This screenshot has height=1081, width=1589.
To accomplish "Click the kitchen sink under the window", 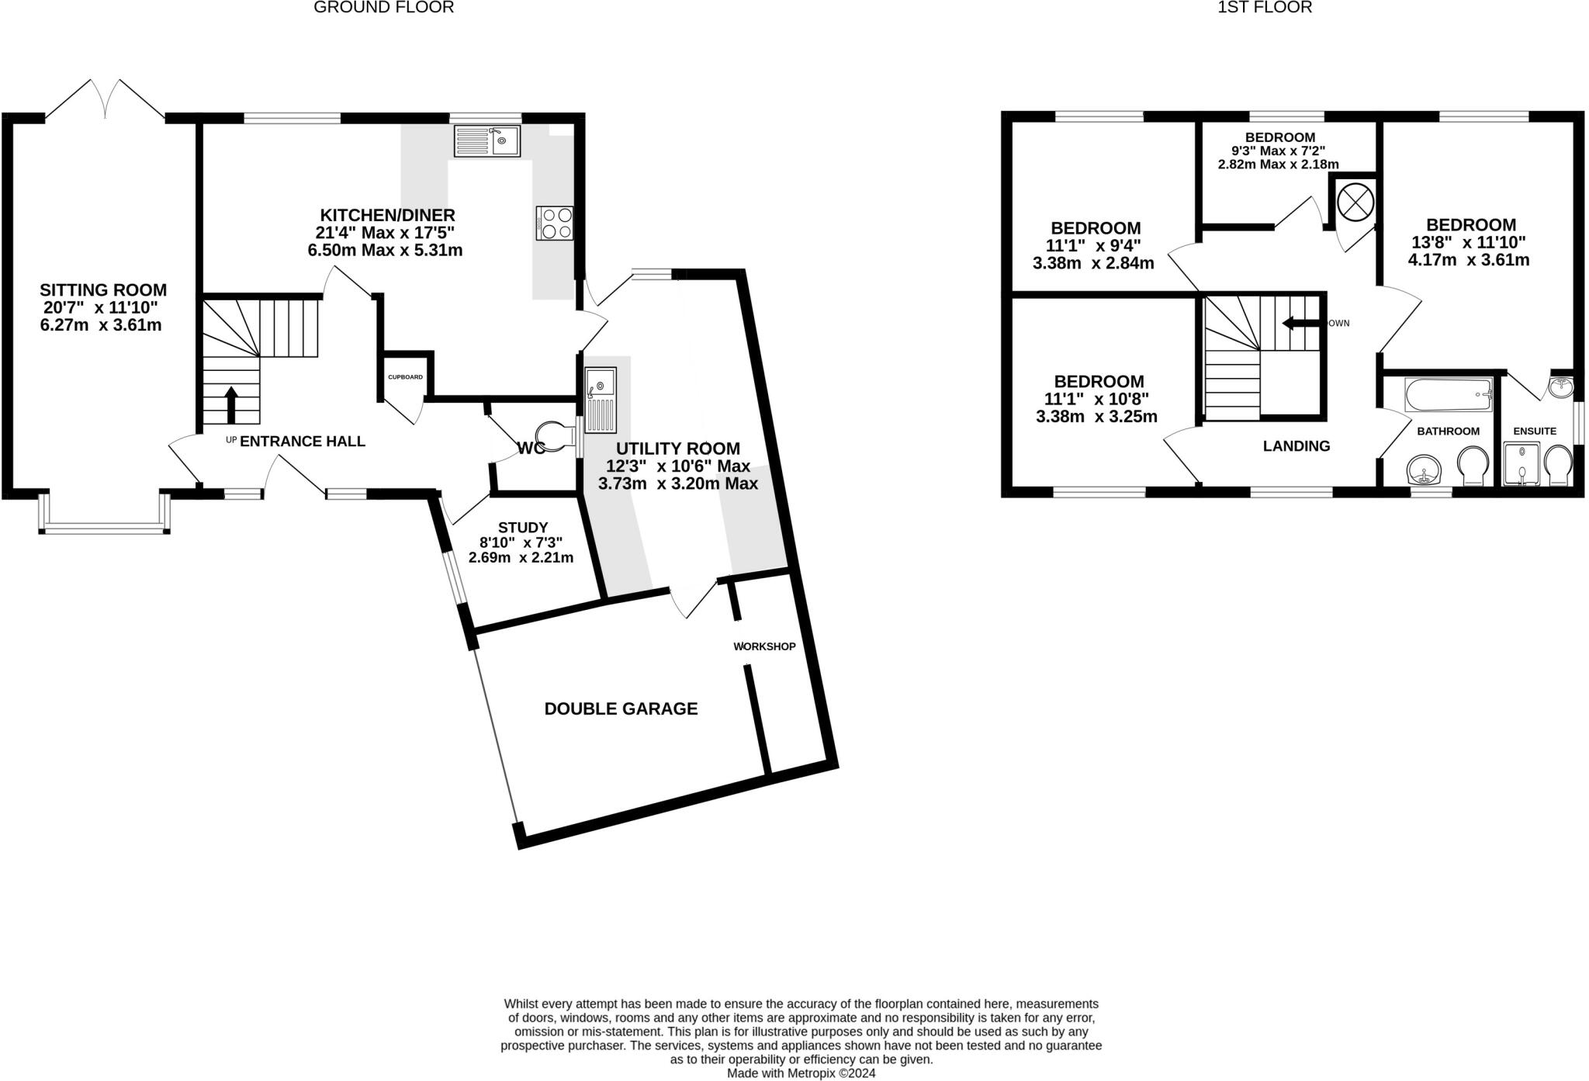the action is click(x=487, y=141).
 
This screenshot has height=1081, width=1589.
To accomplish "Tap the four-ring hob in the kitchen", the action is click(x=555, y=223).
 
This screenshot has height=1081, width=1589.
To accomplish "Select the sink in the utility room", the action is click(x=601, y=400).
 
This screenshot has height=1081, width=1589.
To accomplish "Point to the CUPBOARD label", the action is click(x=406, y=377).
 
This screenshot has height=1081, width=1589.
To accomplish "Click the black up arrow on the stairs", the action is click(x=231, y=405).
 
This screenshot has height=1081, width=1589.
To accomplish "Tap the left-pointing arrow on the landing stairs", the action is click(x=1301, y=323).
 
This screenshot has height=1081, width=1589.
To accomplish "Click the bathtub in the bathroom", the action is click(x=1449, y=394).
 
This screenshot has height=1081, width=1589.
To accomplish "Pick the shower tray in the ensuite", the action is click(x=1521, y=464).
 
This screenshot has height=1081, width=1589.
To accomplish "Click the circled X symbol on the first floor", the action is click(x=1355, y=203).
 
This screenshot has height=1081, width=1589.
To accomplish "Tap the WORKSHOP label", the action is click(x=765, y=646).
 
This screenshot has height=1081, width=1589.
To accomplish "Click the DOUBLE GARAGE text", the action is click(x=621, y=709).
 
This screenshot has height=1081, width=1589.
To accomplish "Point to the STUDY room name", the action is click(x=523, y=527).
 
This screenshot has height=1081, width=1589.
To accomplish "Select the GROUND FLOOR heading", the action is click(x=384, y=8).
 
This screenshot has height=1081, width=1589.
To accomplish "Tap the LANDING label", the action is click(x=1296, y=446).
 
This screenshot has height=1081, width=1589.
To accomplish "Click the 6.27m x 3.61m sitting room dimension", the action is click(x=101, y=325).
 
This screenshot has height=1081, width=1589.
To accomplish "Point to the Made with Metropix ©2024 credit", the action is click(x=801, y=1073).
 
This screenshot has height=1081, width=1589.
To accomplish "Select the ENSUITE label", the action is click(x=1535, y=431).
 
